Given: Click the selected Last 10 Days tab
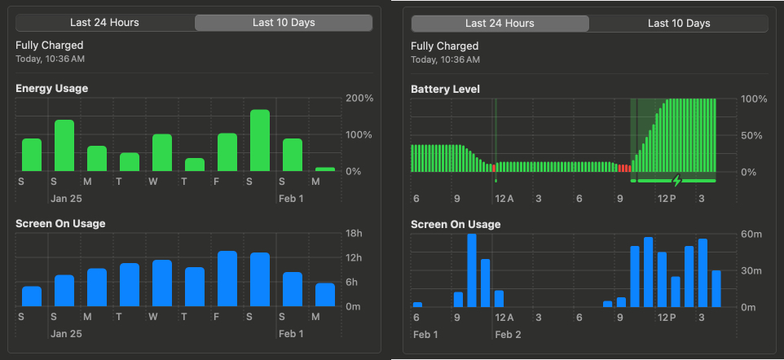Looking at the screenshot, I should click(x=284, y=23).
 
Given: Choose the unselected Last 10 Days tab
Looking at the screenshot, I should click(x=679, y=24).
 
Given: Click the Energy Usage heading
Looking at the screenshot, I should click(x=51, y=88).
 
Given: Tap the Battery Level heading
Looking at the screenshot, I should click(x=446, y=89).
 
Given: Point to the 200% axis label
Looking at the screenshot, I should click(x=359, y=99).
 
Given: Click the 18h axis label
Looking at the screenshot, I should click(x=355, y=234).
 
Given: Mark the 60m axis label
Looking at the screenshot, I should click(x=751, y=235).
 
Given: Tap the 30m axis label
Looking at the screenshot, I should click(x=751, y=271).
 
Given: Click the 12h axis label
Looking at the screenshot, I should click(x=355, y=258).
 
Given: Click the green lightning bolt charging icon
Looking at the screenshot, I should click(x=675, y=180).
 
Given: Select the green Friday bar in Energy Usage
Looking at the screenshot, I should click(x=227, y=152).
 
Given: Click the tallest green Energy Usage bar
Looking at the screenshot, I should click(x=260, y=140).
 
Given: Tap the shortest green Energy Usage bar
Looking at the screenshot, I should click(x=325, y=169).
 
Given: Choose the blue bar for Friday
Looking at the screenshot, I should click(x=227, y=279).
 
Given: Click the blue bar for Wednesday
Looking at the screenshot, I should click(x=162, y=283).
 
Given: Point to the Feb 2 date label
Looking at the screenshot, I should click(x=508, y=335).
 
